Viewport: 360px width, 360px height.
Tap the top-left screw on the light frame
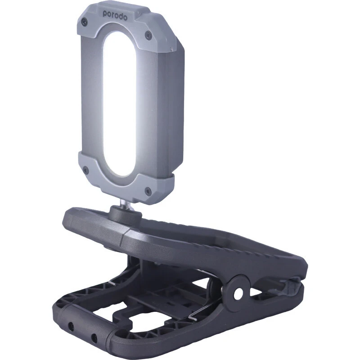[84, 22]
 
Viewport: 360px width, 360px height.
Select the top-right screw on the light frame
[148, 35]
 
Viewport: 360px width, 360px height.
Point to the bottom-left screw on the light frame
[85, 170]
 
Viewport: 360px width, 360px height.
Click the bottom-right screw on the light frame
[148, 190]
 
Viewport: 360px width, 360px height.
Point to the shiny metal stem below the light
[125, 204]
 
